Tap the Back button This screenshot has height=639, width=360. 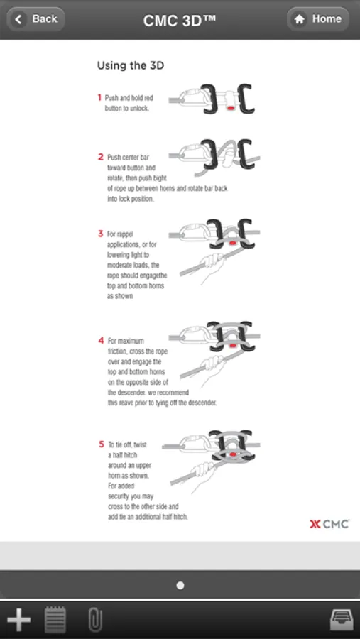(36, 19)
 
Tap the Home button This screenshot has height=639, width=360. (318, 19)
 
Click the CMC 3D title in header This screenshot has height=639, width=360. (180, 20)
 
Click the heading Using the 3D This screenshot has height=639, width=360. (131, 65)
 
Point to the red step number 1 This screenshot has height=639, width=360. (99, 97)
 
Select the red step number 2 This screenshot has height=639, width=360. (101, 157)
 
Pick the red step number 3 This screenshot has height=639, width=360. (100, 234)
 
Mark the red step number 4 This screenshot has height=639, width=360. (101, 340)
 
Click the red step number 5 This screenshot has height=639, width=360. (102, 444)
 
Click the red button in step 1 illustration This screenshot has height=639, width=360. (230, 108)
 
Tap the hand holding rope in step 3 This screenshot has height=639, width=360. (213, 264)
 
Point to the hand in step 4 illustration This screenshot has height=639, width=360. (213, 368)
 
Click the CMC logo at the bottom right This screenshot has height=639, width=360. (329, 524)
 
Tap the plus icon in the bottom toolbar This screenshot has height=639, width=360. (18, 620)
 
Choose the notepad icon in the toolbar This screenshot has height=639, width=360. (55, 619)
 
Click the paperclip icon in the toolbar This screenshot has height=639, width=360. (95, 620)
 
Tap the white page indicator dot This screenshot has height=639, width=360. (180, 585)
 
